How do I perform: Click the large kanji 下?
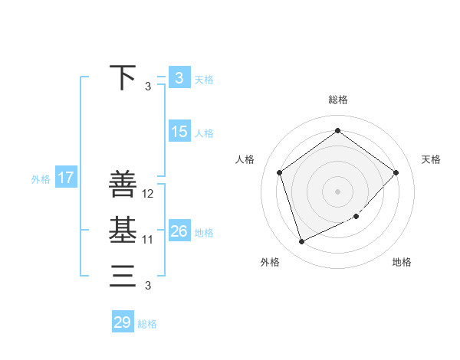123,77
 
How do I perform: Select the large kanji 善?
123,185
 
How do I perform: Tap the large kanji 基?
123,230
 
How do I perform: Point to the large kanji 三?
123,275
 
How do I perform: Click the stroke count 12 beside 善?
149,195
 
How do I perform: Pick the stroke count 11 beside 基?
148,240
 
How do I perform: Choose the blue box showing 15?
179,132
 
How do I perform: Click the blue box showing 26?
179,231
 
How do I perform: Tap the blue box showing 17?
65,178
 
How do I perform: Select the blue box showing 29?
123,322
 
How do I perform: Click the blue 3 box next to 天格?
179,77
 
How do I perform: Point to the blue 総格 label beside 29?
147,324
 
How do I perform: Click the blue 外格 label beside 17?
41,179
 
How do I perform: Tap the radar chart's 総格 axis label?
337,100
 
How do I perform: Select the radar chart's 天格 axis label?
432,159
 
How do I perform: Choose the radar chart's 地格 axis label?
402,262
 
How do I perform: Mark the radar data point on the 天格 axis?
396,172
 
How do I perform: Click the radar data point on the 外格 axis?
301,242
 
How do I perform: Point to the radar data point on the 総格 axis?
337,130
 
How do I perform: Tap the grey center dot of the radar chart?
337,191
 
